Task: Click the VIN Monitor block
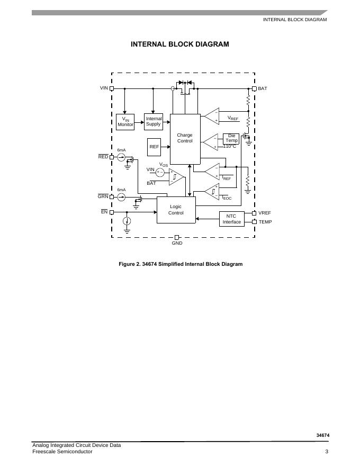[125, 122]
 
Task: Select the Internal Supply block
[154, 121]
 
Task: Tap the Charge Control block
[185, 138]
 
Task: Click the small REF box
[154, 147]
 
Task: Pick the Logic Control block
[176, 210]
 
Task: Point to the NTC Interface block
[231, 219]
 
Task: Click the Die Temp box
[231, 138]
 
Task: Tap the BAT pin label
[263, 88]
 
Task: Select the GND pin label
[177, 243]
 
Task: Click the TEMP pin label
[265, 222]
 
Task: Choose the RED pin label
[103, 157]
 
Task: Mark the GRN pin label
[103, 196]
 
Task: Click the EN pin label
[104, 212]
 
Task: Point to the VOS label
[164, 165]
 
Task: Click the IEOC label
[227, 198]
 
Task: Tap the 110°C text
[229, 146]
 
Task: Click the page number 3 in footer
[327, 452]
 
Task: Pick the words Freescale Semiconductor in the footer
[62, 452]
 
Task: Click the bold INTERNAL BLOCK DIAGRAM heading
[180, 44]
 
